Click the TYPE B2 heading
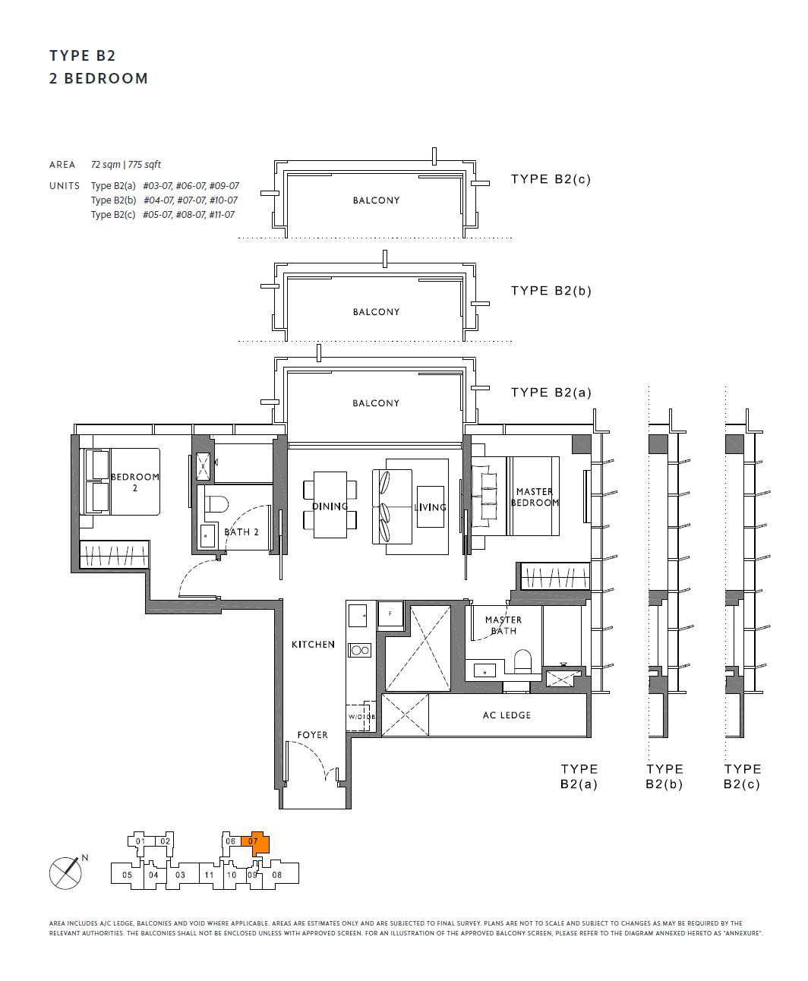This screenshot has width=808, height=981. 82,55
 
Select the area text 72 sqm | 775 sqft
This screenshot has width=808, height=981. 125,165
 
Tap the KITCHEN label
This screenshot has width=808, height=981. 313,644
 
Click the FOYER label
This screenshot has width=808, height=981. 313,735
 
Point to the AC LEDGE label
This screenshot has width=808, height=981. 507,715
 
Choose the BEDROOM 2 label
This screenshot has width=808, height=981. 135,482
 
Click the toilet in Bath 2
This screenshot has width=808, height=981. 216,503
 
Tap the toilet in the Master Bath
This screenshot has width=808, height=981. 522,661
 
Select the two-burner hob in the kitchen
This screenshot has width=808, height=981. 360,650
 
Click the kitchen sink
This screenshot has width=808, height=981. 358,616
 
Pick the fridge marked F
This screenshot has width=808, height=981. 390,614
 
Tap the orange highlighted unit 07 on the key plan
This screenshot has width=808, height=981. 257,842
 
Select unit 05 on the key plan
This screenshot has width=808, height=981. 128,875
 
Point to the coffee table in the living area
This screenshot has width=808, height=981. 431,506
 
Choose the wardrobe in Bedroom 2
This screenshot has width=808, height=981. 114,554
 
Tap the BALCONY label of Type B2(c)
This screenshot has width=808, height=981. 377,200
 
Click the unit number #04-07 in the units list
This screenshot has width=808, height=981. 159,200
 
